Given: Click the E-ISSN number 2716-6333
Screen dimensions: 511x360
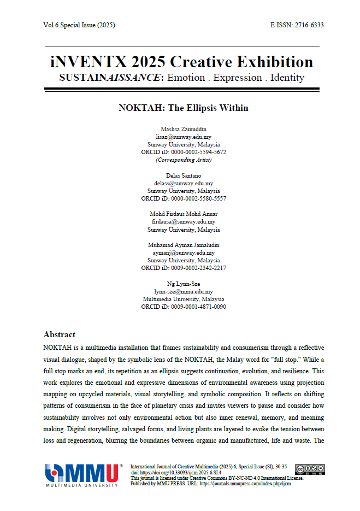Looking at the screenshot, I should click(x=309, y=25).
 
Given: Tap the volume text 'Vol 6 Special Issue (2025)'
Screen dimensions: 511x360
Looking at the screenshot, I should click(x=79, y=25).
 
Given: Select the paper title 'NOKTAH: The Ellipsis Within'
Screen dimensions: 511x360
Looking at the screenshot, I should click(x=184, y=108).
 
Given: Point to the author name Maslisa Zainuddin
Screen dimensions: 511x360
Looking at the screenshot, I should click(x=183, y=129).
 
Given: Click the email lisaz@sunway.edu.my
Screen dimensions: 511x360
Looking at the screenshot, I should click(x=183, y=137).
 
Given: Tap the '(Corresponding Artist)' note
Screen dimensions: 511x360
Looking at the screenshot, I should click(x=183, y=160).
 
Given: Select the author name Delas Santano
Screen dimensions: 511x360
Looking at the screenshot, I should click(x=183, y=176).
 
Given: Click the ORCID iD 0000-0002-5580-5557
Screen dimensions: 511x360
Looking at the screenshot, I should click(x=183, y=199).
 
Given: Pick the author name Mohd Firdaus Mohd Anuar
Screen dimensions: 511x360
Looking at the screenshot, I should click(x=183, y=214).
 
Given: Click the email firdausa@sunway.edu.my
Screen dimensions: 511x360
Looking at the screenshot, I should click(x=183, y=222).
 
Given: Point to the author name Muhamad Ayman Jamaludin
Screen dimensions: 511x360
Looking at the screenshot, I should click(x=183, y=245).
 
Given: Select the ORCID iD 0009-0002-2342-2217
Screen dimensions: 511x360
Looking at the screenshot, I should click(x=183, y=268).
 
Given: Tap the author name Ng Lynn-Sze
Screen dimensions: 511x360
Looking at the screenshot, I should click(x=183, y=284).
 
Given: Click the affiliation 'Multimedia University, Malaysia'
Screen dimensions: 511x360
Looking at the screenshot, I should click(x=183, y=299).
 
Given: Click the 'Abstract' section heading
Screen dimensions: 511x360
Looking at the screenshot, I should click(x=59, y=334).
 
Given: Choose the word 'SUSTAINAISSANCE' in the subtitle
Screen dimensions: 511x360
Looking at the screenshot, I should click(x=110, y=78).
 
